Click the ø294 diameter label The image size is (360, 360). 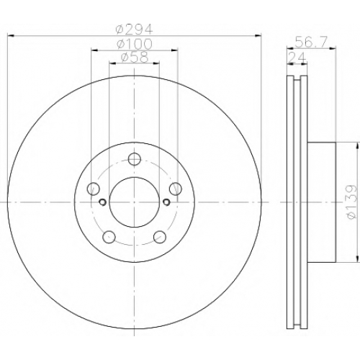point(134,30)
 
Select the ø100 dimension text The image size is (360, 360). point(135,44)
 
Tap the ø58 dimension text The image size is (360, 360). point(135,58)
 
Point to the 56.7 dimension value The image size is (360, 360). point(310,42)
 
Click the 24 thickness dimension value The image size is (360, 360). point(297,57)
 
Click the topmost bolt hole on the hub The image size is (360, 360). point(134,159)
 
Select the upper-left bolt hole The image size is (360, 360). point(94,189)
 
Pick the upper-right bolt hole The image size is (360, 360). point(175,189)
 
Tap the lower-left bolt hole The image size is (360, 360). point(109,237)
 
